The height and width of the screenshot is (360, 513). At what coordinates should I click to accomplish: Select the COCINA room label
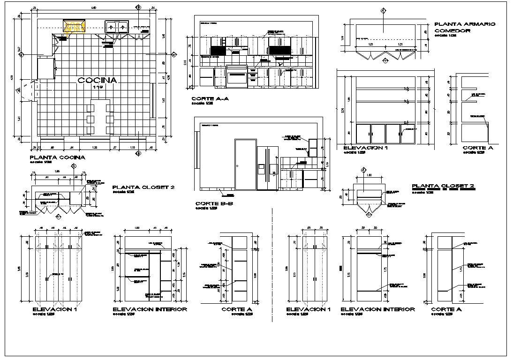(97, 80)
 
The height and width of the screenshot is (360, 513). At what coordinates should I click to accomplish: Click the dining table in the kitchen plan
(100, 117)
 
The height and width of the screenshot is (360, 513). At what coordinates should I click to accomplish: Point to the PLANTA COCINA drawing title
(57, 157)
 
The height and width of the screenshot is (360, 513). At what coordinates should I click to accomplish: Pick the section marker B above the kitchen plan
(138, 7)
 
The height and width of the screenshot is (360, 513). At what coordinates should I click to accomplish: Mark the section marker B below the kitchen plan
(138, 153)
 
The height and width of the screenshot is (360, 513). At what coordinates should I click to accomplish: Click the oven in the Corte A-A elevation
(237, 76)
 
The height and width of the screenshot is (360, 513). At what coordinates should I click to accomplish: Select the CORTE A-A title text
(210, 99)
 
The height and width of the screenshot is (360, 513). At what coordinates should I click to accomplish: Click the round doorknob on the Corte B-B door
(238, 165)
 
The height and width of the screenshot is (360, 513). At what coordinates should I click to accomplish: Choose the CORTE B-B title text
(214, 204)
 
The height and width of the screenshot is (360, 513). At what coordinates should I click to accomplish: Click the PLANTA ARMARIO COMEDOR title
(465, 27)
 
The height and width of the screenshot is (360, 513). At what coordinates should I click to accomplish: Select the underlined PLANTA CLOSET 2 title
(443, 186)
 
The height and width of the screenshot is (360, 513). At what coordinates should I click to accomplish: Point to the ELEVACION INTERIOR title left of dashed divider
(150, 309)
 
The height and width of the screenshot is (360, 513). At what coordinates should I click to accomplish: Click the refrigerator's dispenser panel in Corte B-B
(261, 167)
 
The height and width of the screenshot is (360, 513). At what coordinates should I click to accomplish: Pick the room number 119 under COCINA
(97, 87)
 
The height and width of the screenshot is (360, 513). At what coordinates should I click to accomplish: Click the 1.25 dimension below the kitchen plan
(94, 148)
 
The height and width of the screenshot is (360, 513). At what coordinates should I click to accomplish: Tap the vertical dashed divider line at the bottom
(272, 267)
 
